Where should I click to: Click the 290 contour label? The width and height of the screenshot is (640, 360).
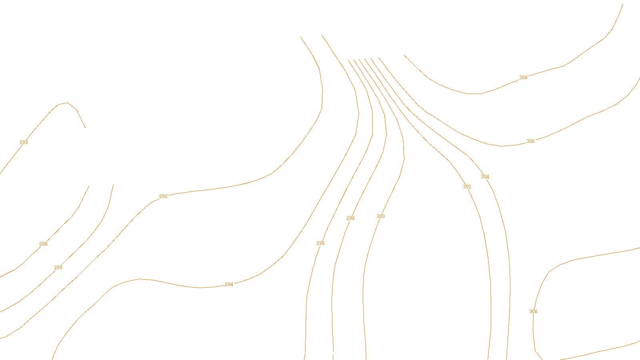(58, 268)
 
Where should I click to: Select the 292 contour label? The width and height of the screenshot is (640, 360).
(163, 196)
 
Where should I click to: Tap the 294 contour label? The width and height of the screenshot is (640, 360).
(229, 284)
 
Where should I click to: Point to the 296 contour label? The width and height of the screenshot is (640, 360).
(320, 243)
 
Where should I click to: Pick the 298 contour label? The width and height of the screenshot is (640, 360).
(350, 218)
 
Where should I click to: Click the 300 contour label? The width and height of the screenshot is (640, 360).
(380, 216)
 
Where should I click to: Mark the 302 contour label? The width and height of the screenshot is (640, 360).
(467, 187)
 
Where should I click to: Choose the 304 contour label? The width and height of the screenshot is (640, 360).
(485, 177)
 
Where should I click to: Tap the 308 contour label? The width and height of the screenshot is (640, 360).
(523, 78)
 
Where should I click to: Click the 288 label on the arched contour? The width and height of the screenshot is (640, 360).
(24, 142)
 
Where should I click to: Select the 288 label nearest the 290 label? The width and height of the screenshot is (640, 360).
(43, 244)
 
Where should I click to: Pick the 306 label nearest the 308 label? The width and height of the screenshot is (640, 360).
(530, 141)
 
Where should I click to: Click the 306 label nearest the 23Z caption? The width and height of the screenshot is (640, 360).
(533, 312)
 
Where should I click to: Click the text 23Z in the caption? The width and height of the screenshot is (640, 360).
(303, 354)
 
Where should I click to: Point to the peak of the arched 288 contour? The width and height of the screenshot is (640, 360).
(67, 103)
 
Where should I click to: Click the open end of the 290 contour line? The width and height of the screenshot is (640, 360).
(113, 185)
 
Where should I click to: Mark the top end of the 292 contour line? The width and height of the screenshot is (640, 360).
(301, 37)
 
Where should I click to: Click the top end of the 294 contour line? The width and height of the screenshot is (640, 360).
(322, 35)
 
